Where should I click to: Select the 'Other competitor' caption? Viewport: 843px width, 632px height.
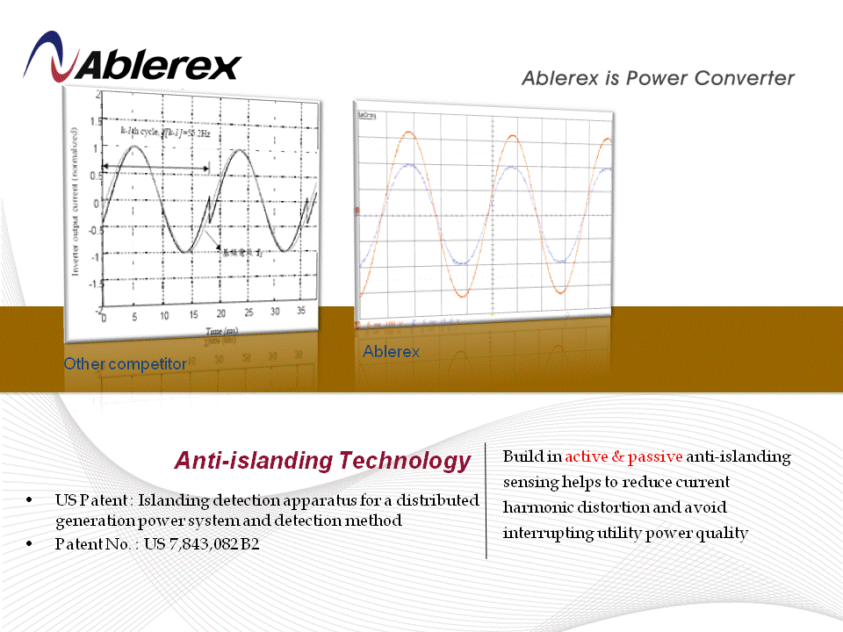tap(125, 363)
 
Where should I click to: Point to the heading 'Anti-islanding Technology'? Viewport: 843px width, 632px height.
tap(322, 461)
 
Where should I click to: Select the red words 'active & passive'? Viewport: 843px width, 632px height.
tap(623, 457)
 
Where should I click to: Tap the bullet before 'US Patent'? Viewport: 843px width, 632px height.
tap(32, 500)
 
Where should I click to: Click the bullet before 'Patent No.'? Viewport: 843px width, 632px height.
tap(32, 544)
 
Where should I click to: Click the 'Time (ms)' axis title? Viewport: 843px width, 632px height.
tap(220, 331)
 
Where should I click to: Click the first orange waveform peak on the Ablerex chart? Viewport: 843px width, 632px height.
tap(407, 132)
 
